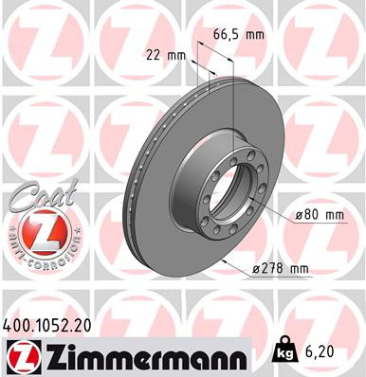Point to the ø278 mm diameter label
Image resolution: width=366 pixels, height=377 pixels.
pyautogui.click(x=279, y=270)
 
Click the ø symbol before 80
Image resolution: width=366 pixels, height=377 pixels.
pyautogui.click(x=299, y=215)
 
